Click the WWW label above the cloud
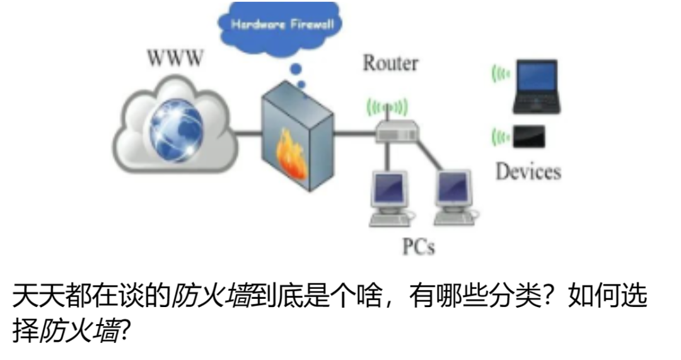175,58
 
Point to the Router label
390,63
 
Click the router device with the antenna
397,131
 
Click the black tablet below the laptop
528,137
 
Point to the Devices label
528,171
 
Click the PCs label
418,245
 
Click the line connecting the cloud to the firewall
250,133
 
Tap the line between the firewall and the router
354,133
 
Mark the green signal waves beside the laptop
501,74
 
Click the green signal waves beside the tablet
501,136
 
